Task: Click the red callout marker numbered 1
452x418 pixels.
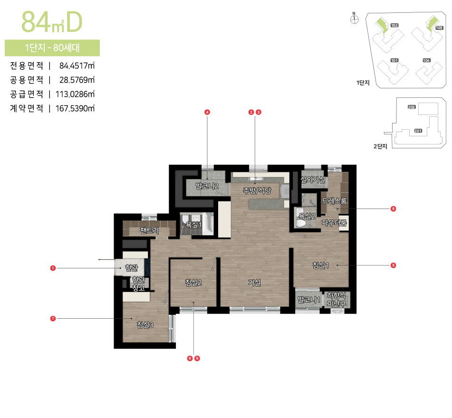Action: tap(53, 268)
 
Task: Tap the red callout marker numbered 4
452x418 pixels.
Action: tap(207, 112)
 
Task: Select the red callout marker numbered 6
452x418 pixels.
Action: tap(393, 209)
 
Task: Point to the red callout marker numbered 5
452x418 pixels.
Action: tap(393, 265)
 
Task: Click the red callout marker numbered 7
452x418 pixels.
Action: tap(53, 319)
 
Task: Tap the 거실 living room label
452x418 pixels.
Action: tap(254, 283)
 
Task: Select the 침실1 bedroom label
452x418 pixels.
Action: tap(321, 265)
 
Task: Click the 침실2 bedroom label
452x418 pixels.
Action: tap(193, 283)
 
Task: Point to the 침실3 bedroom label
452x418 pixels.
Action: tap(145, 325)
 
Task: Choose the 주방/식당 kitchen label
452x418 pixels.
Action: tap(257, 191)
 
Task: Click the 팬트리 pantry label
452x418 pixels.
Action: tap(149, 231)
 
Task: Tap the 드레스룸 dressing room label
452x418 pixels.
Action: tap(334, 201)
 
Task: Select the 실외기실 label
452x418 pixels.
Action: tap(313, 179)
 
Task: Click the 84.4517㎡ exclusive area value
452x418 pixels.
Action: tap(77, 65)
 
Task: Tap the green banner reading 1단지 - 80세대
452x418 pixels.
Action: tap(52, 48)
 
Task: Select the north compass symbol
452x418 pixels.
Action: tap(354, 19)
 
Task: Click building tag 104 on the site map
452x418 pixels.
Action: tap(426, 61)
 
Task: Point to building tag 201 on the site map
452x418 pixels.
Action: tap(418, 131)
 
